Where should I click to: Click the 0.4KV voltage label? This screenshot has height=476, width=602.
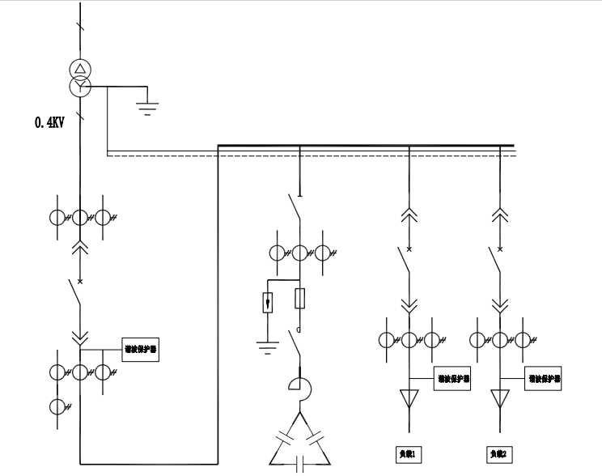coord(50,123)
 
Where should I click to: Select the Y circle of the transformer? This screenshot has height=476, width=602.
coord(80,85)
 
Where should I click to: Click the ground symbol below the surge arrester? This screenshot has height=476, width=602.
coord(267,347)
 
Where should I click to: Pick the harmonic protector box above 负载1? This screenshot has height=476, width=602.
coord(453,378)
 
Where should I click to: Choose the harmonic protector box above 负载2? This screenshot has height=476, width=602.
coord(545,378)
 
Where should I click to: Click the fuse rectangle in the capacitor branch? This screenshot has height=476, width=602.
coord(300,299)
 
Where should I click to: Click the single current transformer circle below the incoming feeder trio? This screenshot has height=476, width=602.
coord(57,406)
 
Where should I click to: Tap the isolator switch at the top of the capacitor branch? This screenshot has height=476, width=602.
coord(296,209)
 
